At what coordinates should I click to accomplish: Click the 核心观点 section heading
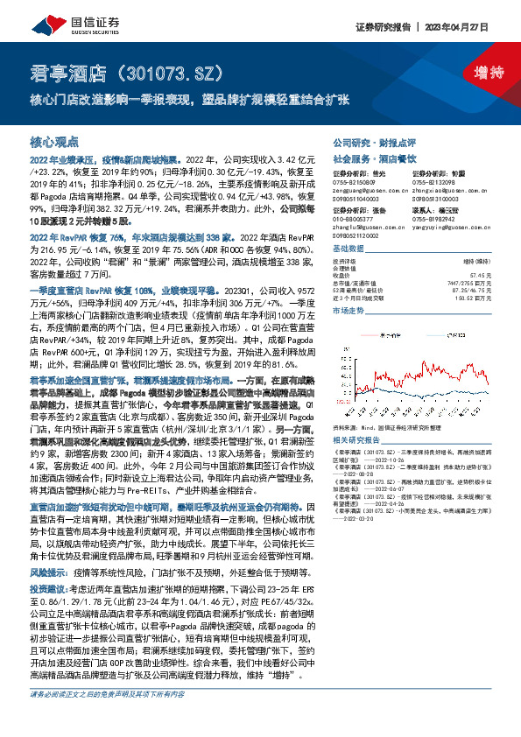pos(54,141)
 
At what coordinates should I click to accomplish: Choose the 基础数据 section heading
pos(351,248)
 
